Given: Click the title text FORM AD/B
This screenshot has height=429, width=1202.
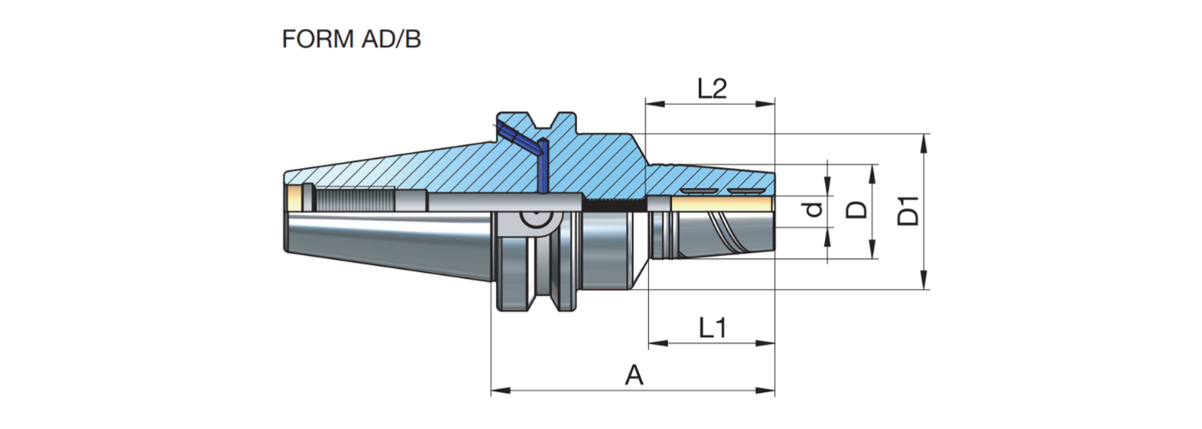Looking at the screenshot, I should (351, 39).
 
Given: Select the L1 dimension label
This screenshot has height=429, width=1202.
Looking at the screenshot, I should (712, 327).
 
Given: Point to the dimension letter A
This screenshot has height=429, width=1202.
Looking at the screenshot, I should (633, 375).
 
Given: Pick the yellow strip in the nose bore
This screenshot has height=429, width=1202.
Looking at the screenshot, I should (721, 203).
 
